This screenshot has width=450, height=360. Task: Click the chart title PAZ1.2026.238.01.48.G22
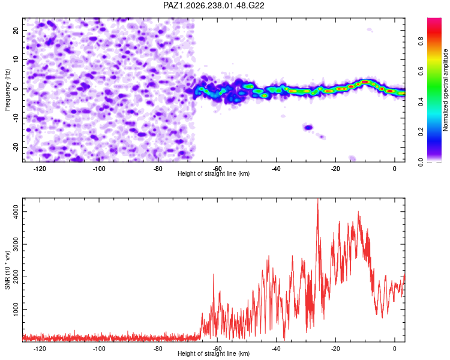coord(214,5)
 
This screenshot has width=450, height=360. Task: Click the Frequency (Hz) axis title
coord(7,90)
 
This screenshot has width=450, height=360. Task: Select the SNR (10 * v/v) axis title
coord(7,270)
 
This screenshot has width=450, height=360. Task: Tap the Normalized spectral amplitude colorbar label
coord(445,90)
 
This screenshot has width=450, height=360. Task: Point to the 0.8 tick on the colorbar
coord(421,41)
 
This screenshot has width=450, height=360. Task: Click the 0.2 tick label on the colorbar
coord(421,131)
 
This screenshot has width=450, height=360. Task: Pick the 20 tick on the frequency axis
coord(16,31)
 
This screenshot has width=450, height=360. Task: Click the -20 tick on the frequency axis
coord(16,147)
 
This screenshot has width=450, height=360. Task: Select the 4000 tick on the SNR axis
coord(16,212)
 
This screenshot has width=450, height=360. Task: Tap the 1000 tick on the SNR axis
coord(16,309)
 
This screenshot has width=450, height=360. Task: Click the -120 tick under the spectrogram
coord(40,169)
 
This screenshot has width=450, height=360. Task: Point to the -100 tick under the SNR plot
coord(99,349)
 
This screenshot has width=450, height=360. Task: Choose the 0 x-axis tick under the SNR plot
coord(395,349)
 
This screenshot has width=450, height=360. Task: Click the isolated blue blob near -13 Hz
coord(308,127)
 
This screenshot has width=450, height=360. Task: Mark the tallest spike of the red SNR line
coord(317,199)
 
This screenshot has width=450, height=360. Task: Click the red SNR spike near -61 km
coord(214,275)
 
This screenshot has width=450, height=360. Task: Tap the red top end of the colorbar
coord(434,20)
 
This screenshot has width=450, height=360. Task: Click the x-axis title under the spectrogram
coord(214,173)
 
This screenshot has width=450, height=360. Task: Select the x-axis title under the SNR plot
coord(214,353)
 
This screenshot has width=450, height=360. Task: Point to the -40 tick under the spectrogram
coord(276,169)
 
